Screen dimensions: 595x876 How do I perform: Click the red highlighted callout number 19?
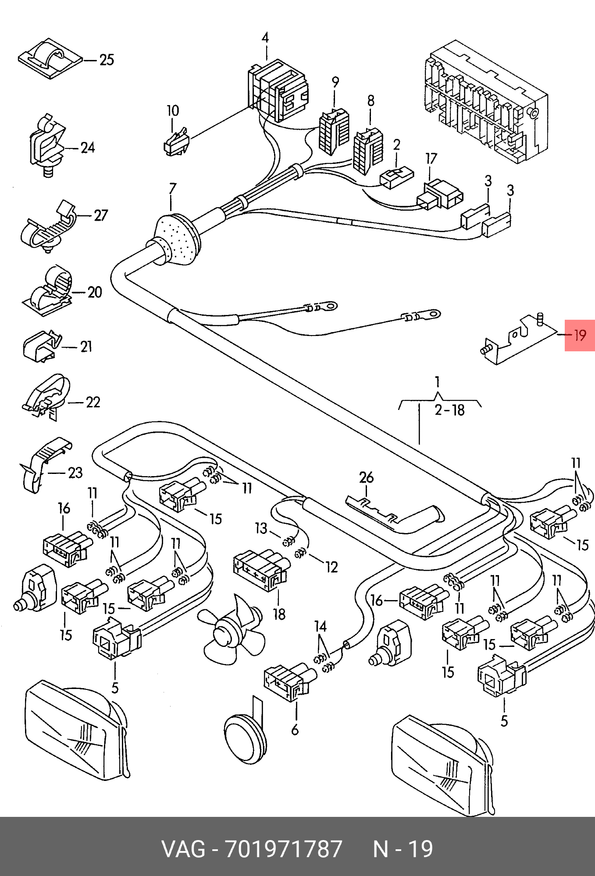[x=580, y=336]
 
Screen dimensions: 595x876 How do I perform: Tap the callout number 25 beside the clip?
[x=107, y=60]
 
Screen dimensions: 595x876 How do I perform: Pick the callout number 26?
[x=366, y=477]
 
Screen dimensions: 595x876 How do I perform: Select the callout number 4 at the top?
[x=265, y=38]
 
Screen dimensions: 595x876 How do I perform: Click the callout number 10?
[x=173, y=110]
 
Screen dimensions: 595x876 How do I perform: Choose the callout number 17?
[x=431, y=159]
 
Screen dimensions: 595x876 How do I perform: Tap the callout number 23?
[x=75, y=473]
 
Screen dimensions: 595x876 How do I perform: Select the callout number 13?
[x=261, y=528]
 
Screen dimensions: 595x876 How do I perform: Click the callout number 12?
[x=331, y=567]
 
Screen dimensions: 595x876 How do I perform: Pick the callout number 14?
[x=321, y=626]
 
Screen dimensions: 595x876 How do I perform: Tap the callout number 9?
[x=335, y=81]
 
